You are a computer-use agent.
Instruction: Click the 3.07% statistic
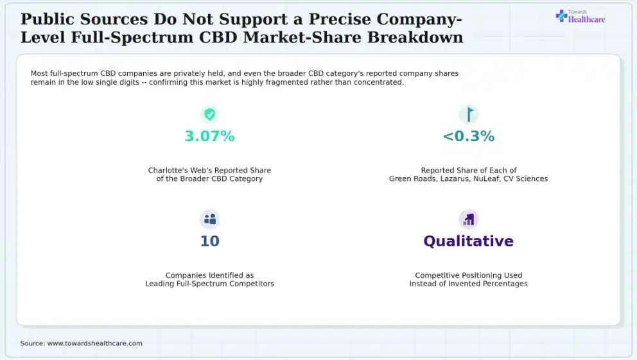209,136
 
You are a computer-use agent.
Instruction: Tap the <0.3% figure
468,136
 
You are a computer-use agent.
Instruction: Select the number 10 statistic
209,241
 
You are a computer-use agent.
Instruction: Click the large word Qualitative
468,241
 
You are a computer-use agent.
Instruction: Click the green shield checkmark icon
209,114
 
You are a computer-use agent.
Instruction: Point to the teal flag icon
469,114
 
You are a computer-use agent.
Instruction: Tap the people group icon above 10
209,219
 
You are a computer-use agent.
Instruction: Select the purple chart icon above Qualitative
468,219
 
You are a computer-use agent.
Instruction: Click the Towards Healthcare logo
580,17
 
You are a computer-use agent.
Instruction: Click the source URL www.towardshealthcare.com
94,343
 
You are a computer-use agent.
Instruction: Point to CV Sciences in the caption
526,178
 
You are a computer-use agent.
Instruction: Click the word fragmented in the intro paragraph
292,82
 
